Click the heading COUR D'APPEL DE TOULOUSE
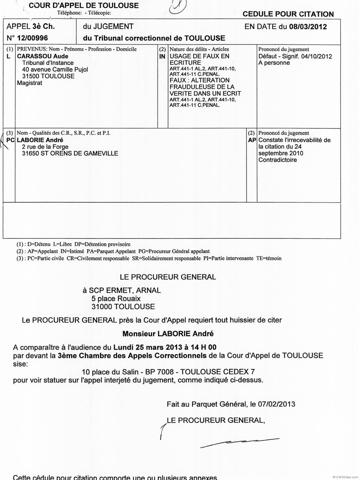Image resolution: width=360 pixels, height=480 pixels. click(x=84, y=5)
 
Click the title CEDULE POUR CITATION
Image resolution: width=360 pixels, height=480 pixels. click(x=288, y=14)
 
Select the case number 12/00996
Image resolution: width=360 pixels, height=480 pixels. click(x=32, y=38)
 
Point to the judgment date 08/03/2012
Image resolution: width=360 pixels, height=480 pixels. click(x=308, y=27)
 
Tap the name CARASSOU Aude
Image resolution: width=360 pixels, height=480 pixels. click(x=43, y=56)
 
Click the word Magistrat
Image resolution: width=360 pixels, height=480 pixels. click(x=29, y=83)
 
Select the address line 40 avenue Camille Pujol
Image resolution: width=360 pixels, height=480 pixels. click(x=55, y=70)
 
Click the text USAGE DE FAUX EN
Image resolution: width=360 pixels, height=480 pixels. click(x=199, y=56)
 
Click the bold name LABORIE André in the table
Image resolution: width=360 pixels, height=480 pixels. click(x=40, y=140)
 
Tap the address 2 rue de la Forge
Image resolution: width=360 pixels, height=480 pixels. click(x=45, y=147)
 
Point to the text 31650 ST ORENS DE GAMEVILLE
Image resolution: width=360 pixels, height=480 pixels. click(x=70, y=153)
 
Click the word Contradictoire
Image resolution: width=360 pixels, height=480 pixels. click(x=277, y=160)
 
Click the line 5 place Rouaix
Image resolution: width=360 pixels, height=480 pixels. click(x=116, y=298)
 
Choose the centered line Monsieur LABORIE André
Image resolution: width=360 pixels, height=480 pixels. click(x=168, y=334)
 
